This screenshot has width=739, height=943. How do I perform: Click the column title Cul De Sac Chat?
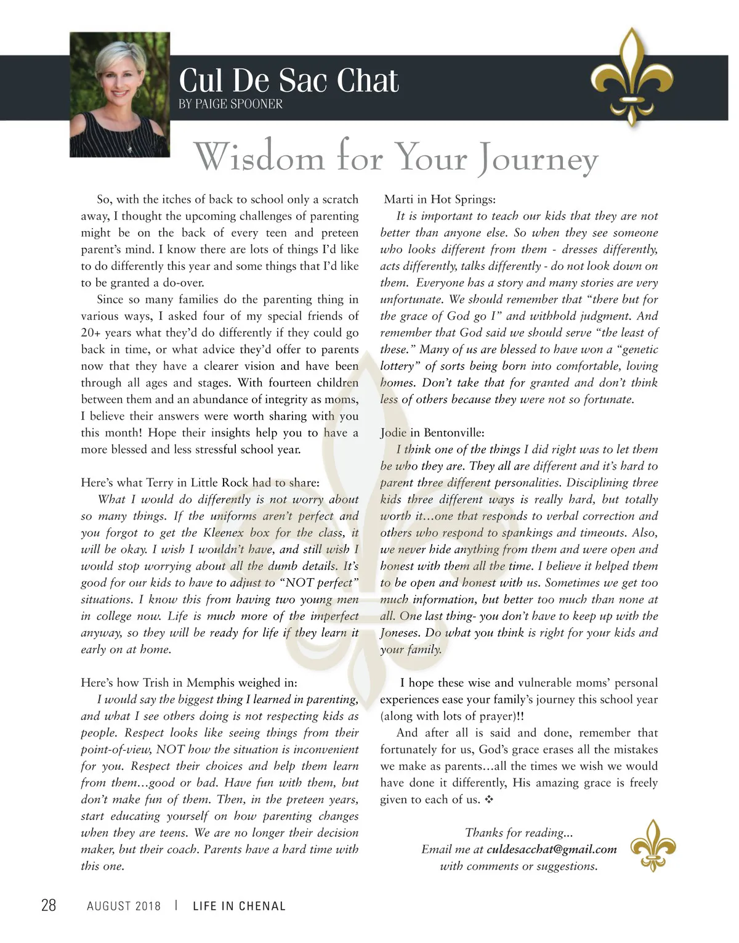288,81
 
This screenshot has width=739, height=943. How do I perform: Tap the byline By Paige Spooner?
230,104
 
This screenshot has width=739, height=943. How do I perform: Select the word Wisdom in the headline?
259,157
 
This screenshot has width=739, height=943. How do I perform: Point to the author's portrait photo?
120,95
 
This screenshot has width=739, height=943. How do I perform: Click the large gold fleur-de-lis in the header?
631,77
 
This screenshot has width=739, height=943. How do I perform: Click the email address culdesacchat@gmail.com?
551,849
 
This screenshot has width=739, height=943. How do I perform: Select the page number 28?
48,905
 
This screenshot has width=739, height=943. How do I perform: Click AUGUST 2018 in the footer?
124,905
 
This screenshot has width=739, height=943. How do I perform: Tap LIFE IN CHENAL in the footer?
239,905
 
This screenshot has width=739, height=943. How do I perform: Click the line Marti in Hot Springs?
440,199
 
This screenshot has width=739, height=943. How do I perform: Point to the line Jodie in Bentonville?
432,432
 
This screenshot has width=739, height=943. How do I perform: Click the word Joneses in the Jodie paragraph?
400,632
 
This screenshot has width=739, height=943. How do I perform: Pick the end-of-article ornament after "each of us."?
489,799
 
